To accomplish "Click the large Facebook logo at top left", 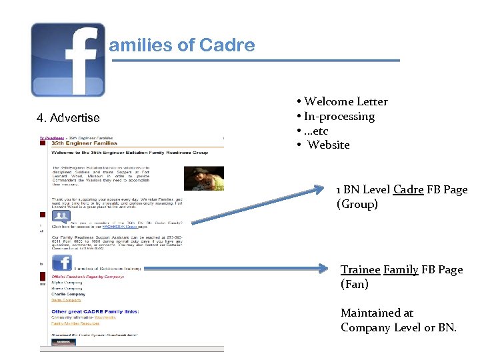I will tap(67, 59).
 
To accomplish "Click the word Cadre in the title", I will tap(227, 45).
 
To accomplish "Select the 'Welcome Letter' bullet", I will tap(345, 101).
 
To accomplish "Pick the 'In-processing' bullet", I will tap(339, 116).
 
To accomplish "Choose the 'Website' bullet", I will tap(329, 145).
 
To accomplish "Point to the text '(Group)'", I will tap(357, 204).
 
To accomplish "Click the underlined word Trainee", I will tap(360, 269).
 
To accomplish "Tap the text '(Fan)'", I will tap(354, 284).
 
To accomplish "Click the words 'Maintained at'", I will tap(377, 313).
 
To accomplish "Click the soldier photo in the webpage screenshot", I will tap(203, 178).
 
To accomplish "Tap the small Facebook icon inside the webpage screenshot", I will tap(62, 262).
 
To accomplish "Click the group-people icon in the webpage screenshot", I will tap(61, 216).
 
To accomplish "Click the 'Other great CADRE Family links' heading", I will tap(95, 311).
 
